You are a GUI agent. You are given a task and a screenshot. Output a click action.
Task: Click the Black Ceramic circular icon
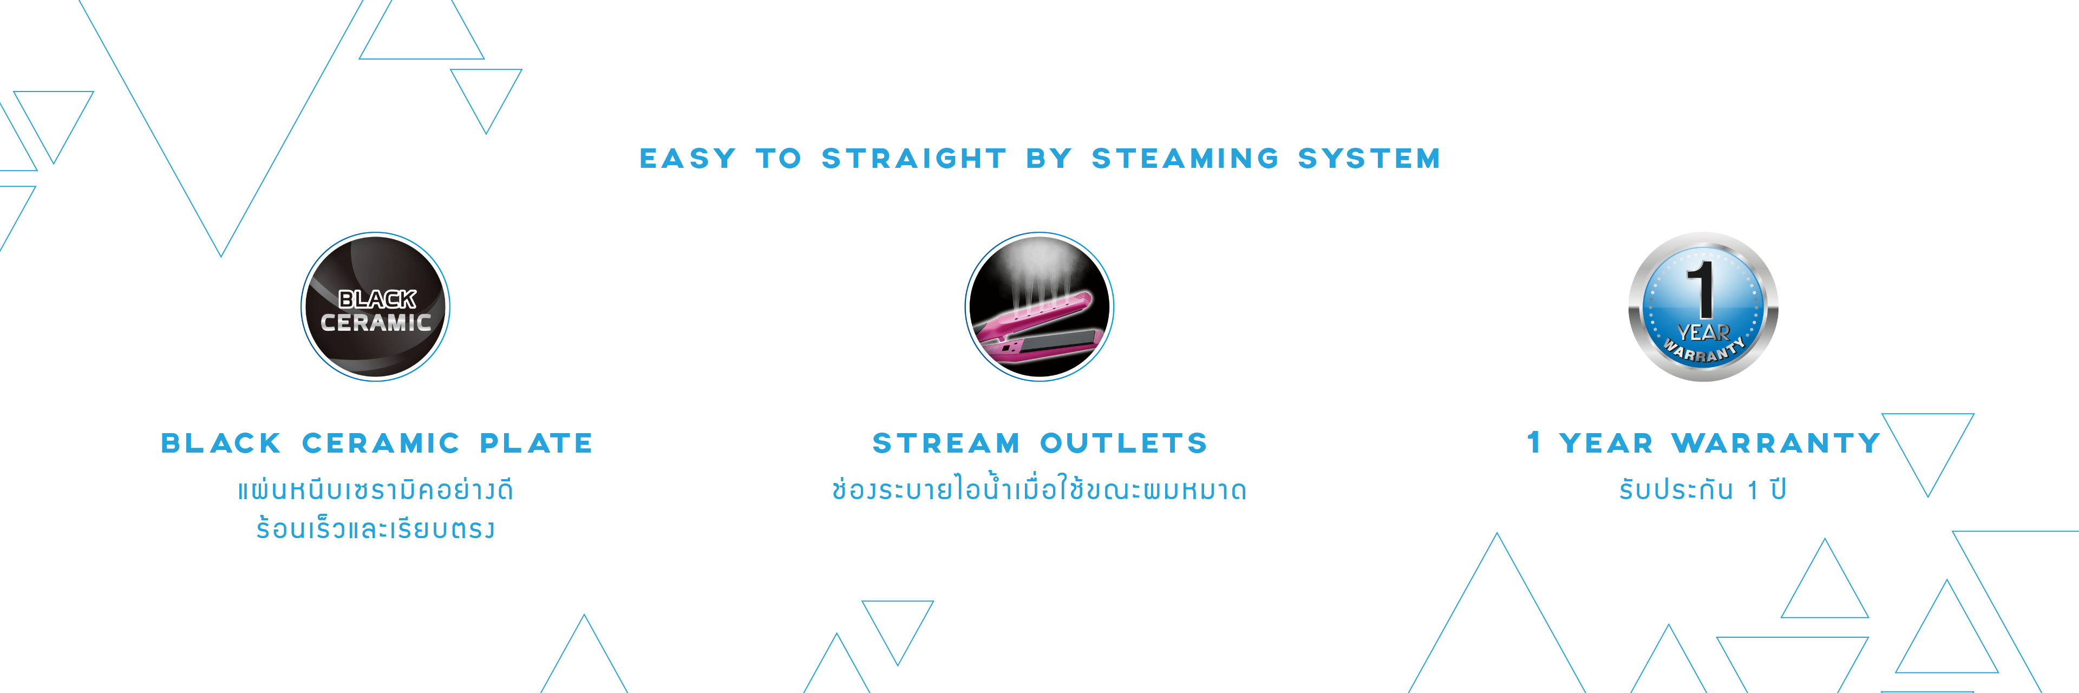375,306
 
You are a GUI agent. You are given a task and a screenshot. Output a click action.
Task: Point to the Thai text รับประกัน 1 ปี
1703,489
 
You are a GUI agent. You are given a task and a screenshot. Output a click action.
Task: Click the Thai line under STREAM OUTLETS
1039,488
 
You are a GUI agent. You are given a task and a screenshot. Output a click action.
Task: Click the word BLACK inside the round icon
377,299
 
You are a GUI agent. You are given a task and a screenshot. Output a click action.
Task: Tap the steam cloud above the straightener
1041,270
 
